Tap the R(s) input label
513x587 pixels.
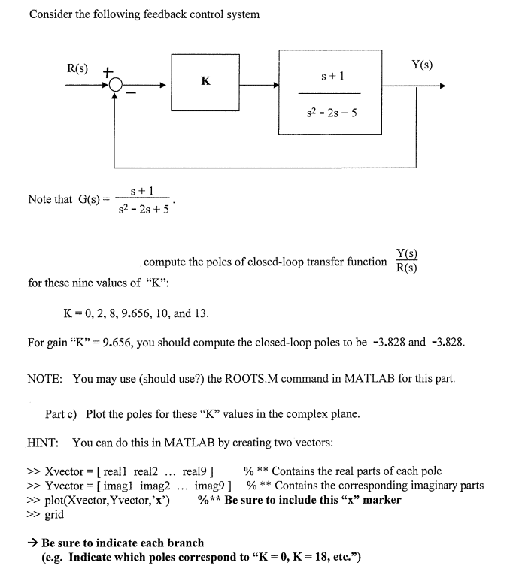(77, 68)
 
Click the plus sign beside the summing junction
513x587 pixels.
(108, 72)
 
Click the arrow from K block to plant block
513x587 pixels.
(260, 85)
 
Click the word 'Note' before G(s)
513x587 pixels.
(39, 199)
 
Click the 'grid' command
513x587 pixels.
(55, 515)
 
